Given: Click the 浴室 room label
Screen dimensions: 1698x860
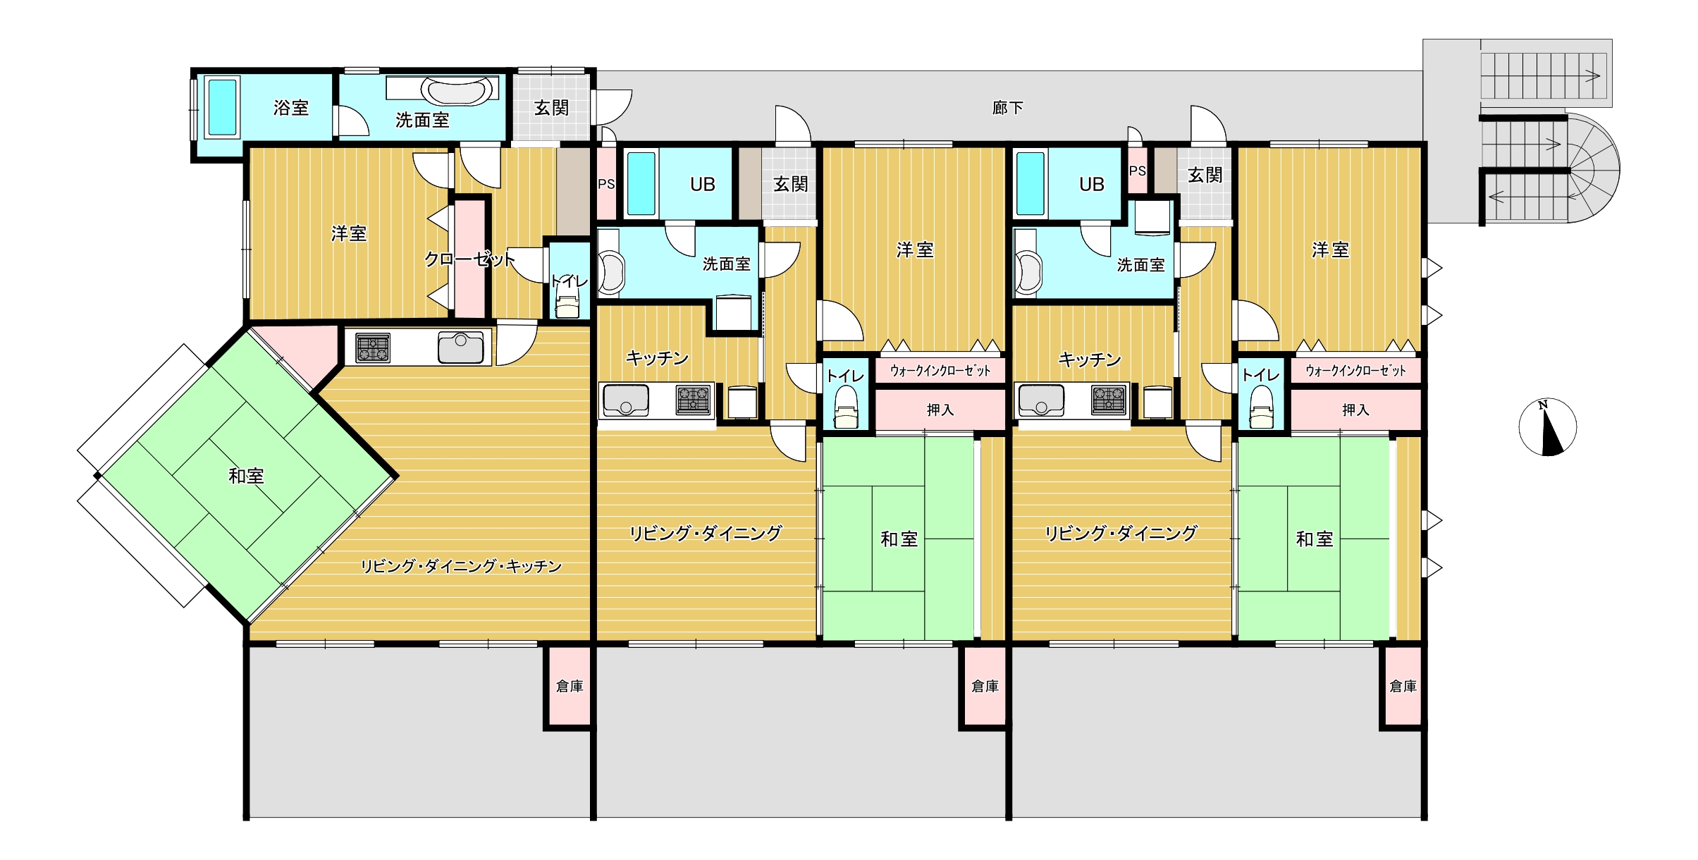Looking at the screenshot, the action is [291, 108].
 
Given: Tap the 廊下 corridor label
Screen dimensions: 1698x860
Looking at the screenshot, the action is [1007, 108].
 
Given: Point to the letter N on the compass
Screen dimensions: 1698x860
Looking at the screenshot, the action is [1543, 405].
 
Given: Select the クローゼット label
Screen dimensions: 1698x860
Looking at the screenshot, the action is [469, 259].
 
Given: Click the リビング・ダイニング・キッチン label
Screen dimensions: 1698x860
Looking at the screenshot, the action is [461, 566].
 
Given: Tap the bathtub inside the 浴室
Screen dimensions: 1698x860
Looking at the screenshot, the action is [223, 107].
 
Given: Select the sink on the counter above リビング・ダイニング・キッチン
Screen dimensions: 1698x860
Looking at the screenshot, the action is [460, 348].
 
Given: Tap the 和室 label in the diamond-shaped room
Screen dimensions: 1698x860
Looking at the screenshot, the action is [246, 476].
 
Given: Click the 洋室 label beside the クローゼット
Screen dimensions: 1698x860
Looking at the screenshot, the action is [349, 233].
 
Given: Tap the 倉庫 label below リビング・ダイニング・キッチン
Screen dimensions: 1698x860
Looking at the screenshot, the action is [570, 686].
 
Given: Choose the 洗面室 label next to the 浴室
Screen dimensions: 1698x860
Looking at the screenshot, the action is [422, 121].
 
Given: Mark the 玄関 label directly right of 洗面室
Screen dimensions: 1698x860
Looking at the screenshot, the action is [551, 108].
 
